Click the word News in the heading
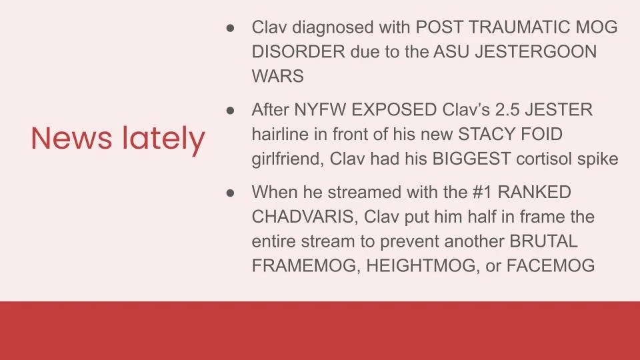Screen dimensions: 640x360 click(71, 138)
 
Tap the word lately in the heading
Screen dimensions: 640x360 click(164, 140)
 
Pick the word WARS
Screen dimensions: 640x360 click(277, 76)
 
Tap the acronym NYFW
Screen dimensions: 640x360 click(319, 110)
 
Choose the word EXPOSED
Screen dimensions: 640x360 click(394, 110)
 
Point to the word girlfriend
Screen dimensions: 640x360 click(288, 159)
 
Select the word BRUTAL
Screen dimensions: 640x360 click(544, 241)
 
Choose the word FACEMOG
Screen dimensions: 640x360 click(551, 266)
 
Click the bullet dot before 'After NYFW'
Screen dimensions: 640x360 click(230, 110)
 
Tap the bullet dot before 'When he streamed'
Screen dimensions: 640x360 click(230, 193)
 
